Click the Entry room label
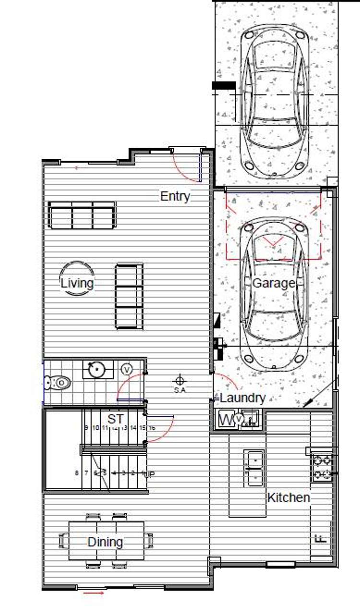[175, 196]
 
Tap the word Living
[77, 283]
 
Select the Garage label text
[273, 283]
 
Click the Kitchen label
[288, 497]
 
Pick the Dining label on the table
[105, 542]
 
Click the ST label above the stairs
[115, 419]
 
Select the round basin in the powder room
[97, 369]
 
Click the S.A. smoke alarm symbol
[180, 381]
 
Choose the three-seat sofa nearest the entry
[82, 215]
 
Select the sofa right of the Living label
[129, 296]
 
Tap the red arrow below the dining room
[94, 594]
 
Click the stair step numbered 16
[152, 427]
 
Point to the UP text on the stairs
[150, 474]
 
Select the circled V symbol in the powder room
[127, 369]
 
